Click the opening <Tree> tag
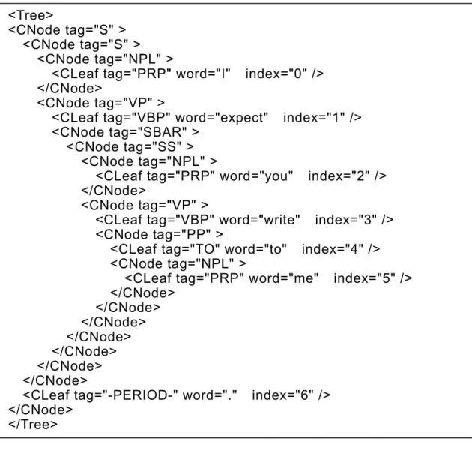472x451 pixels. (31, 15)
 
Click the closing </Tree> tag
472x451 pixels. (33, 424)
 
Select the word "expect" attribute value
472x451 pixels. (242, 117)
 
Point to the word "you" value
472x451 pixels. (276, 176)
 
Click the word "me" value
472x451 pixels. (303, 278)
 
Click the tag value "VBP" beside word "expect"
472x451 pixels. (154, 117)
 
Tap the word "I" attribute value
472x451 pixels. (223, 74)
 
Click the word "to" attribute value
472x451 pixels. (275, 248)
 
